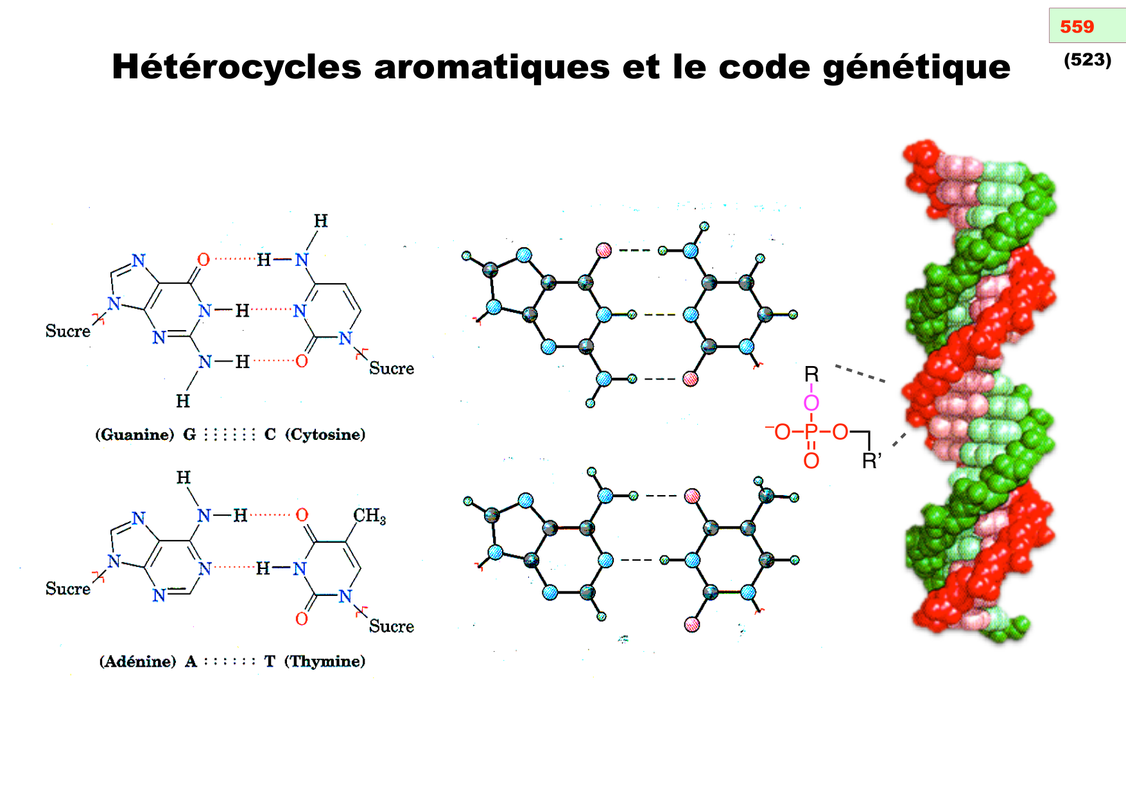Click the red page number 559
click(x=1077, y=27)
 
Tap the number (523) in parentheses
click(x=1087, y=60)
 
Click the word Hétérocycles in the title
click(x=236, y=67)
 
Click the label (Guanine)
click(x=135, y=435)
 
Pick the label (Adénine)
click(x=137, y=661)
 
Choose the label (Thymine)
click(x=325, y=661)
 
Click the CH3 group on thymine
click(x=369, y=516)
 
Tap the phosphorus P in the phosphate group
click(x=811, y=432)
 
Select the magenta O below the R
click(x=811, y=403)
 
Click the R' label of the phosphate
click(x=871, y=461)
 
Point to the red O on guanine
click(x=204, y=259)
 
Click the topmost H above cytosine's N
click(x=320, y=222)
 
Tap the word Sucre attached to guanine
click(x=67, y=331)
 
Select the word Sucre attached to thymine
click(x=391, y=626)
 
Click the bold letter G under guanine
click(x=189, y=435)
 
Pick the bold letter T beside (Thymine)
click(x=270, y=661)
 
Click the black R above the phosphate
click(x=811, y=374)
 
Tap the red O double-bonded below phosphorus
click(x=811, y=461)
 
